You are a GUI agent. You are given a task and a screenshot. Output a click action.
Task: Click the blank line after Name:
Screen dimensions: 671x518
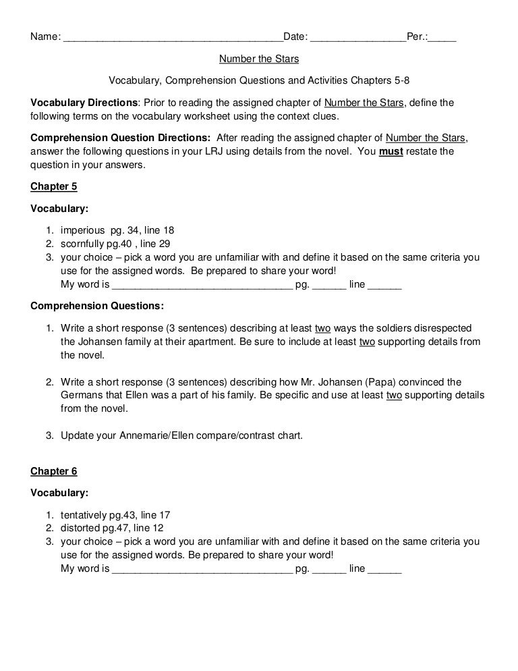[x=173, y=36]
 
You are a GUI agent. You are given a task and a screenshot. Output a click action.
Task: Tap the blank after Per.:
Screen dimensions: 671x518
[x=442, y=36]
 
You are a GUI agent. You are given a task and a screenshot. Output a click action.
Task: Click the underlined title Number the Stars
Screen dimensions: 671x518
[x=259, y=59]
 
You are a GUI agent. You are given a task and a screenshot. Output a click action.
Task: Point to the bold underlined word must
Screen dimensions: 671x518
[x=391, y=151]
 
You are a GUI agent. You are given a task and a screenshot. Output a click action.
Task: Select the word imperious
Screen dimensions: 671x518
[x=81, y=230]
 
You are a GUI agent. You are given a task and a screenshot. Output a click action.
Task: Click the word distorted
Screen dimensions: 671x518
[x=80, y=527]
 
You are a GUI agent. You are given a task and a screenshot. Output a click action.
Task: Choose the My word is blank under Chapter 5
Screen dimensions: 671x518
[x=202, y=285]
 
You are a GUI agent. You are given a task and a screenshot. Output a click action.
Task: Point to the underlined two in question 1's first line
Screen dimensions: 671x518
[x=322, y=328]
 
